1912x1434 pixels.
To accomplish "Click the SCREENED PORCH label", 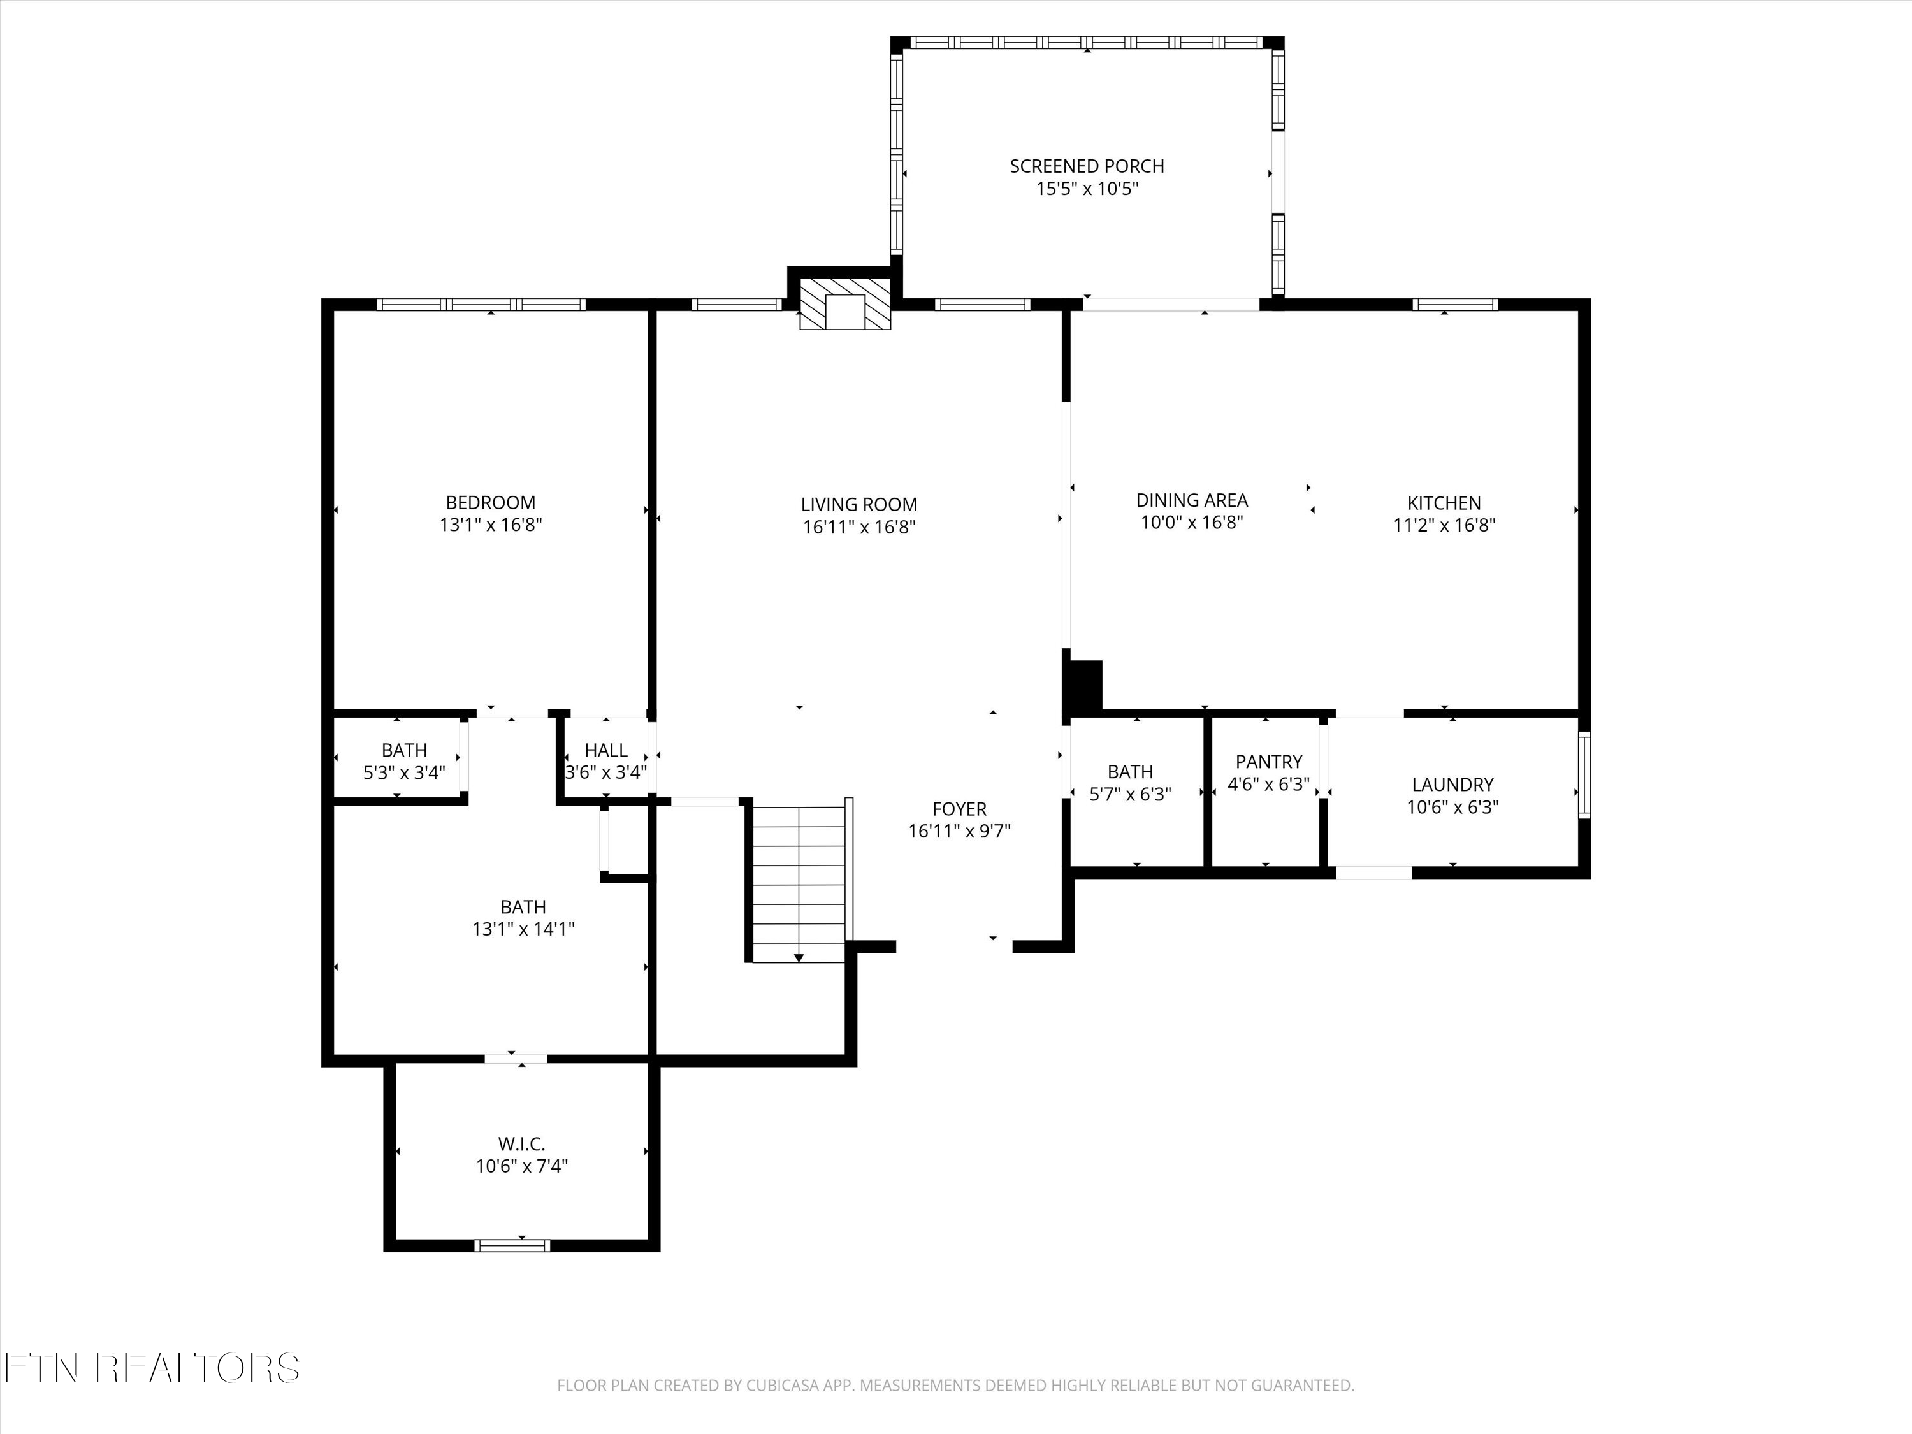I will coord(1087,166).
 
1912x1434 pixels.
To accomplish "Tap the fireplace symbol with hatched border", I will coord(844,303).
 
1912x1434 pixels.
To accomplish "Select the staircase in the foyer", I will coord(799,883).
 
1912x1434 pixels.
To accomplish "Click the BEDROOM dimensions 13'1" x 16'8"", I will coord(490,525).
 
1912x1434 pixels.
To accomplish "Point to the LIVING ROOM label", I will coord(858,504).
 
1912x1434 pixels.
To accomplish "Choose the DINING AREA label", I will coord(1191,500).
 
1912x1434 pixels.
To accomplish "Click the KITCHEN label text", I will coord(1444,502).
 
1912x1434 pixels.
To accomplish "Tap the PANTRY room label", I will coord(1268,762).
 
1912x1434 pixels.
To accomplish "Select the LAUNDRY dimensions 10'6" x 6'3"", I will coord(1452,808).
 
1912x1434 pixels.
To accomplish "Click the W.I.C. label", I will coord(521,1143).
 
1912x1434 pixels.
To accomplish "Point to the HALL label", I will coord(606,750).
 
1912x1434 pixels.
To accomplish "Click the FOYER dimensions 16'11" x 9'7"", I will coord(959,832).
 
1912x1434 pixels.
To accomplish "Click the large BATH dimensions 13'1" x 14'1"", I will coord(523,929).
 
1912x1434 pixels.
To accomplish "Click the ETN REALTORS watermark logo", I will coord(151,1368).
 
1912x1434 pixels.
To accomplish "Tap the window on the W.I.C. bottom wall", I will coord(512,1245).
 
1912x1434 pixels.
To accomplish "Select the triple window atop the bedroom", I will coord(481,304).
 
